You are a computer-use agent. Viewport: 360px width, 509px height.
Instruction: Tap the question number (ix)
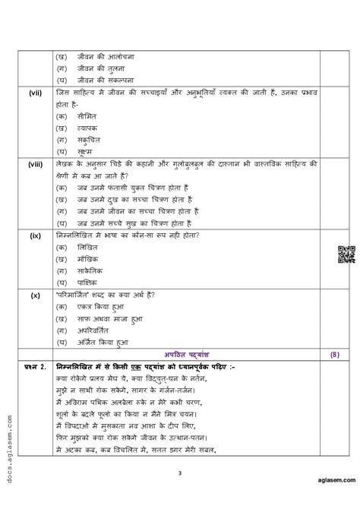pyautogui.click(x=36, y=236)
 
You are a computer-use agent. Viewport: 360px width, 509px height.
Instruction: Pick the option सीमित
pyautogui.click(x=87, y=116)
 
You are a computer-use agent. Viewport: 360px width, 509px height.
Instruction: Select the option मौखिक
pyautogui.click(x=89, y=260)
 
